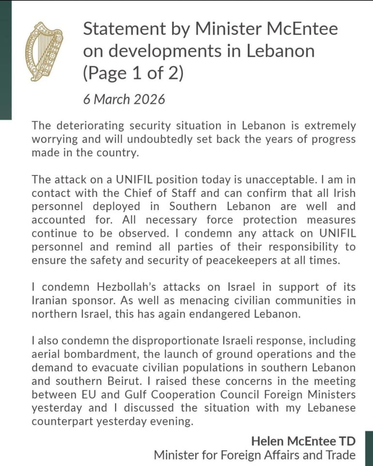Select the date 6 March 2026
pos(124,99)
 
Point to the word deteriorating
pos(97,126)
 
